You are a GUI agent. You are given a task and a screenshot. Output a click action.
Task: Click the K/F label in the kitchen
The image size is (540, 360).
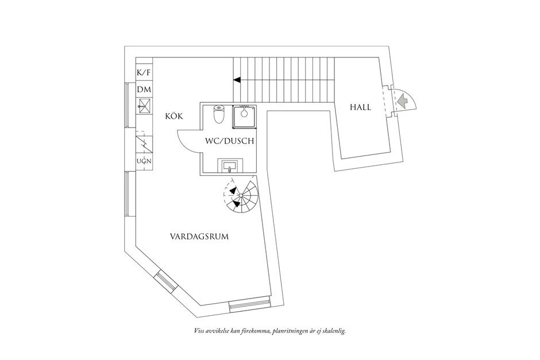(144, 72)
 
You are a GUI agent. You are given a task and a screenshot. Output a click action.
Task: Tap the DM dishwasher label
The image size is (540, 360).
(144, 90)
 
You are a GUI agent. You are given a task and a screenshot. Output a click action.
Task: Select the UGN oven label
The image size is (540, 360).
(144, 161)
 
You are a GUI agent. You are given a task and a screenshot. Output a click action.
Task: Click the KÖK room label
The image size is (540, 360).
(174, 117)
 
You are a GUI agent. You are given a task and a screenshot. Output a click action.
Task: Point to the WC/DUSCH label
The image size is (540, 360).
(229, 141)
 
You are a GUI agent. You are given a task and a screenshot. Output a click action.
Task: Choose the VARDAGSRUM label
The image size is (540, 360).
(199, 237)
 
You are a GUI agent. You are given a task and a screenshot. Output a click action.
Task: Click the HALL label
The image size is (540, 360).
(361, 107)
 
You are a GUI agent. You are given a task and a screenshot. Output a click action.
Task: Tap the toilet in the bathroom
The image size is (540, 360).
(219, 114)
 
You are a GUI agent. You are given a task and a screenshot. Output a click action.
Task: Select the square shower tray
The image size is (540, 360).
(244, 117)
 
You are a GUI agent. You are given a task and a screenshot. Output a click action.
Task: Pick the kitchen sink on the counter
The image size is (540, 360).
(144, 106)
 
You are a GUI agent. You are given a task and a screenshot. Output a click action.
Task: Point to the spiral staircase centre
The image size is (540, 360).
(241, 195)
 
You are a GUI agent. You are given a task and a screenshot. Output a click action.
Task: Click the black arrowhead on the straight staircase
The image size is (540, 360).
(237, 80)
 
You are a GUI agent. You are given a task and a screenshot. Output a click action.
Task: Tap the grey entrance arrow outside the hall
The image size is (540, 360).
(402, 101)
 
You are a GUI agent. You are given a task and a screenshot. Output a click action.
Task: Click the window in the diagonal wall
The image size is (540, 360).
(167, 282)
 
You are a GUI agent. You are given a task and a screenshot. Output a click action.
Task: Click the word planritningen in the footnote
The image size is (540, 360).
(290, 331)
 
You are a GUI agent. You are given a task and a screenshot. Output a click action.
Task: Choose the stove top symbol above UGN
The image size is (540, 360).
(144, 144)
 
